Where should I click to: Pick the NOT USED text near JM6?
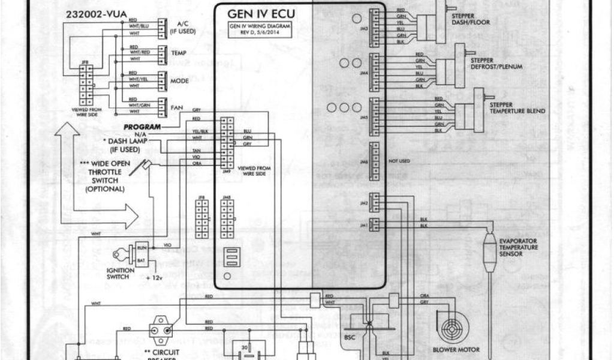click(x=399, y=161)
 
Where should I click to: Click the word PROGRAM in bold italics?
click(x=142, y=127)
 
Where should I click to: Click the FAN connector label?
click(x=177, y=108)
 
